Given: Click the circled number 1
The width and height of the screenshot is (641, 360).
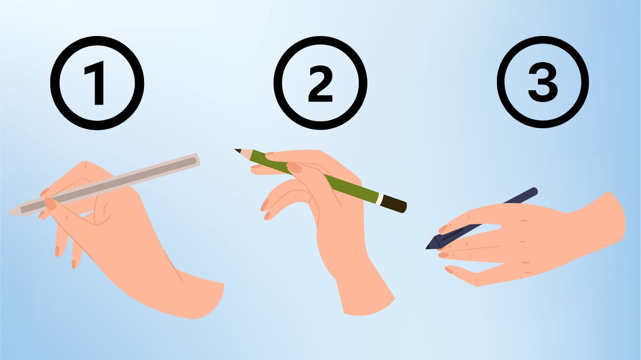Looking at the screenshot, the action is click(97, 83).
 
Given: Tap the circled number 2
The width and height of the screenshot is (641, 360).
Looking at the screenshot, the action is click(320, 83).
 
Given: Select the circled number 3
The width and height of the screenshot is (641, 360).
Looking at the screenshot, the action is click(543, 82).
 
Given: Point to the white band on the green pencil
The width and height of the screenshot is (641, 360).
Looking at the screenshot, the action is click(380, 199).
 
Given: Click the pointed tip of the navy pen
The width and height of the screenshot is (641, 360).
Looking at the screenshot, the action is click(427, 247).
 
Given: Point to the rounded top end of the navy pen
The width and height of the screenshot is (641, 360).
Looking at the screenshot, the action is click(534, 191).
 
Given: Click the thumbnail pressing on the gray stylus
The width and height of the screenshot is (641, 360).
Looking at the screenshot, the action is click(51, 204).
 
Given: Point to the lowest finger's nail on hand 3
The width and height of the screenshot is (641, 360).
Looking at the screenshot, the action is click(449, 270).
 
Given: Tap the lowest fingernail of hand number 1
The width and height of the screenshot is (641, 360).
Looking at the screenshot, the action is click(73, 264).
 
